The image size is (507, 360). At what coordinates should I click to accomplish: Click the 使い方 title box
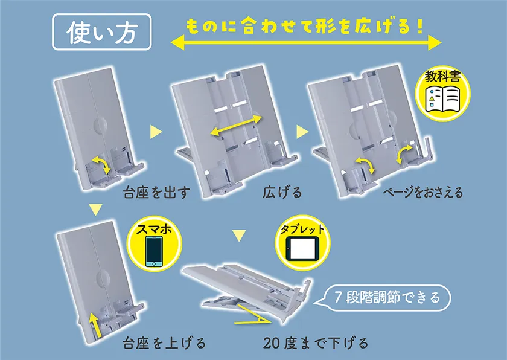[x=101, y=31]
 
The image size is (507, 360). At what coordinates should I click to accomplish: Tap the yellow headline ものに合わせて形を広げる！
[x=304, y=26]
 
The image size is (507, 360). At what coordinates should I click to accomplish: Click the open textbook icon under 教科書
[x=442, y=98]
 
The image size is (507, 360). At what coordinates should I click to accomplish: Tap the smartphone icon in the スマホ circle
[x=153, y=251]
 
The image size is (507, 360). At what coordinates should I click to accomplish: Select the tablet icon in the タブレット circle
[x=302, y=248]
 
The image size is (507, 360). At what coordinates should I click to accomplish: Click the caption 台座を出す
[x=156, y=193]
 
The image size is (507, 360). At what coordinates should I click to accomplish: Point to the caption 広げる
[x=282, y=193]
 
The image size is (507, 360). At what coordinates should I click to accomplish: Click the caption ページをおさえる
[x=423, y=193]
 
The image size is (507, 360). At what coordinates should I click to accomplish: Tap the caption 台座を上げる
[x=164, y=343]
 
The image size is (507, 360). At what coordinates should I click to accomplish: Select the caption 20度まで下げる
[x=316, y=343]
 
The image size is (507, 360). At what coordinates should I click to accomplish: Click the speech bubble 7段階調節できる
[x=383, y=297]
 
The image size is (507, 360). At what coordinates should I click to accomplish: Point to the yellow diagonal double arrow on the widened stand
[x=236, y=126]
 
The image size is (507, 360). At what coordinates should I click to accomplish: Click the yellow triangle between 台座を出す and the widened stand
[x=156, y=132]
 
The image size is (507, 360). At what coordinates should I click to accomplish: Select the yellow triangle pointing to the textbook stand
[x=302, y=132]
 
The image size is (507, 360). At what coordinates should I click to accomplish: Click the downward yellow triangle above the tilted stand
[x=239, y=236]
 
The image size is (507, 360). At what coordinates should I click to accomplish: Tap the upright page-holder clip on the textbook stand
[x=427, y=149]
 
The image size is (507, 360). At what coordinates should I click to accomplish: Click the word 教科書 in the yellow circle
[x=442, y=77]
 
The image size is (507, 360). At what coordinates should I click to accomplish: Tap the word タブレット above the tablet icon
[x=302, y=230]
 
